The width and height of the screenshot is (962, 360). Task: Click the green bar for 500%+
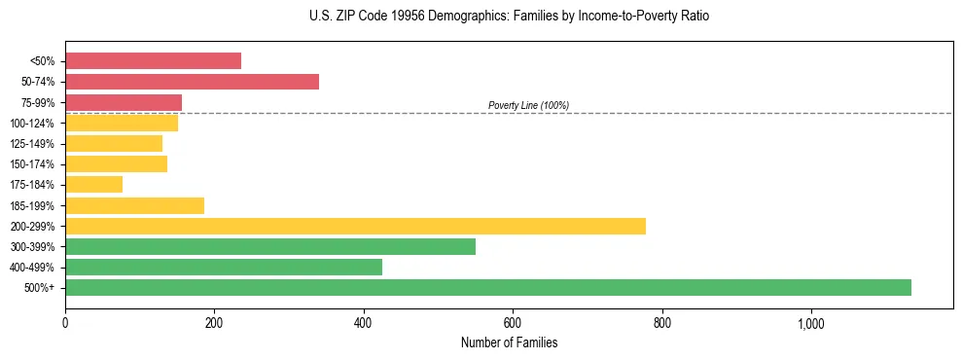click(x=487, y=287)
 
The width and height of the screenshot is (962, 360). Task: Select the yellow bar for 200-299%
click(x=355, y=226)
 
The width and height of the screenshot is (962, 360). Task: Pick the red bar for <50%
click(x=153, y=61)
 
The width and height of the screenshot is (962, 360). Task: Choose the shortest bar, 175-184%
click(x=93, y=185)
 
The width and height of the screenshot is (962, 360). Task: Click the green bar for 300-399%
click(x=270, y=246)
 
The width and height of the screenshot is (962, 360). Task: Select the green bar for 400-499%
click(x=224, y=267)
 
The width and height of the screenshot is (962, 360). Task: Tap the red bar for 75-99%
click(x=124, y=102)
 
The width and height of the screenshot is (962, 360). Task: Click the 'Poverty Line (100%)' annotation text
click(x=528, y=105)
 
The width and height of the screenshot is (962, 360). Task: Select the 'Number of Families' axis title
click(x=509, y=342)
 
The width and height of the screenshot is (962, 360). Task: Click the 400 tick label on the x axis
click(x=363, y=322)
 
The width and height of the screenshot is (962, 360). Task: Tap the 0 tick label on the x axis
click(x=65, y=322)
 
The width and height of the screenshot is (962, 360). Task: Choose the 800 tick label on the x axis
click(x=661, y=322)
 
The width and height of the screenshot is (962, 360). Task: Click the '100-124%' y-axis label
click(x=32, y=124)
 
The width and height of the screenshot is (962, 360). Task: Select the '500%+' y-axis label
click(x=40, y=288)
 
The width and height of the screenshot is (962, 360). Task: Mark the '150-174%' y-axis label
click(x=32, y=164)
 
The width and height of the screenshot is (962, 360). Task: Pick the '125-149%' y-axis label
click(x=32, y=144)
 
